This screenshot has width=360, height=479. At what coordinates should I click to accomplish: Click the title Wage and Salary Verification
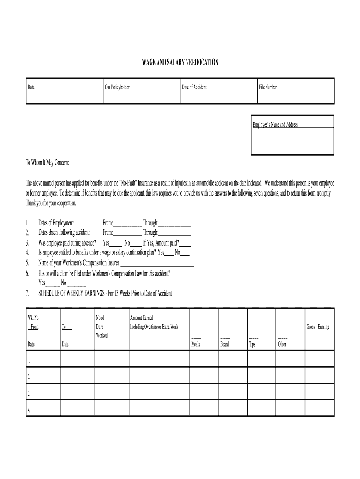(180, 62)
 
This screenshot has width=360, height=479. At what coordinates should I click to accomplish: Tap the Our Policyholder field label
(117, 87)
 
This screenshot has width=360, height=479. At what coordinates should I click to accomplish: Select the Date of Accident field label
(194, 87)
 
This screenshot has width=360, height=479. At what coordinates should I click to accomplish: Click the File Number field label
(268, 87)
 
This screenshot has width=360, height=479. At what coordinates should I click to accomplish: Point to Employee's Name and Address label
(275, 125)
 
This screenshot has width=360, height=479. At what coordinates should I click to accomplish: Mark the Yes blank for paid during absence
(115, 243)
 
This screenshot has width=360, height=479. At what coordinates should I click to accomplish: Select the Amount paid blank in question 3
(185, 243)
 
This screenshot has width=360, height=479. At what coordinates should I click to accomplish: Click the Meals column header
(196, 345)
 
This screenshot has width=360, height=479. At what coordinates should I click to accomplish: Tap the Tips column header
(252, 345)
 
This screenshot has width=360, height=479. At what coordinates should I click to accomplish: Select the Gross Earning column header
(317, 327)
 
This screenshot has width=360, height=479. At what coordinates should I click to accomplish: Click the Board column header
(224, 345)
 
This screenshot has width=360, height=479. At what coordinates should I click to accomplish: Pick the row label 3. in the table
(29, 393)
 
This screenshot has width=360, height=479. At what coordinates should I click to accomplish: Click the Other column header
(282, 345)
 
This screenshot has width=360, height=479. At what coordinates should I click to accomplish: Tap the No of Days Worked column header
(101, 327)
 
